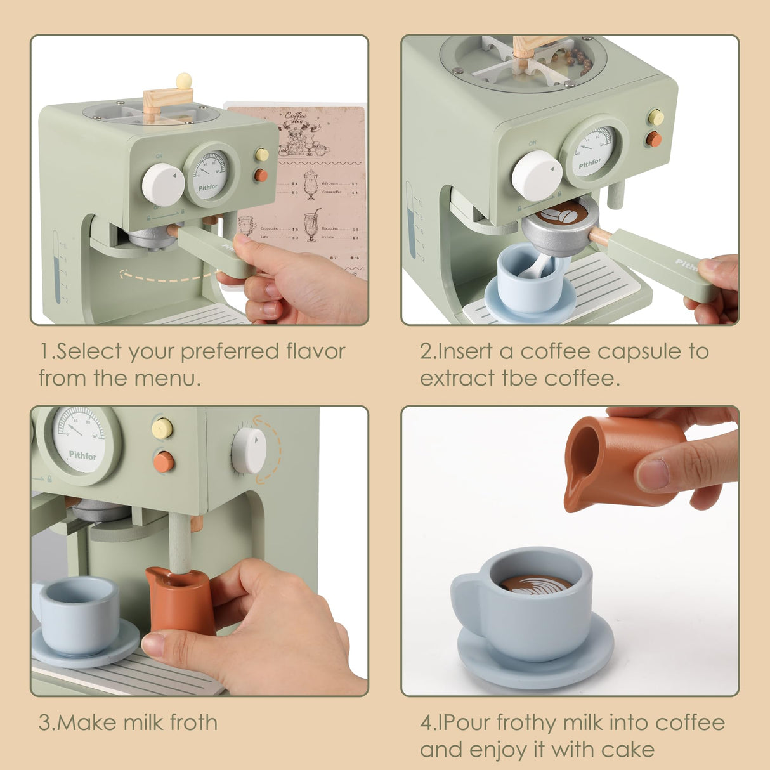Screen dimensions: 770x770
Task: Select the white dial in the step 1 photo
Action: point(163,185)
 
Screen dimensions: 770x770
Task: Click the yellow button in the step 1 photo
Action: point(261,155)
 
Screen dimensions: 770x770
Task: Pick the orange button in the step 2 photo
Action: point(654,139)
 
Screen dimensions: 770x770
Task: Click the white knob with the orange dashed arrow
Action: point(249,450)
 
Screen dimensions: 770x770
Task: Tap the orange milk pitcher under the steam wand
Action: point(181,599)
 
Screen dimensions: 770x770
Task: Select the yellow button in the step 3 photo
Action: point(163,428)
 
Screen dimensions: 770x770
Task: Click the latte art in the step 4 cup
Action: point(535,584)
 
